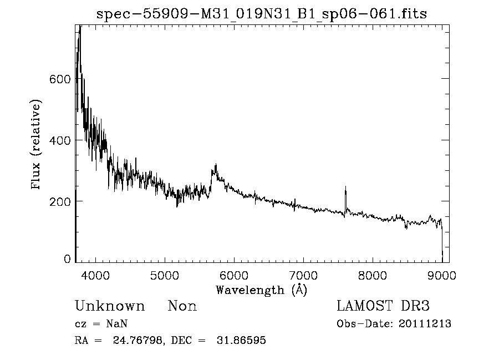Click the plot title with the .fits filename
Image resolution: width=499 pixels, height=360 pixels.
[x=262, y=14]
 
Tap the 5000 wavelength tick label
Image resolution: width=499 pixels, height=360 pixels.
[x=165, y=275]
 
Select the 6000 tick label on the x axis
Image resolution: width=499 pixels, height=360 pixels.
[x=234, y=275]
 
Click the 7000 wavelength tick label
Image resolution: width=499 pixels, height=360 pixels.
[x=303, y=275]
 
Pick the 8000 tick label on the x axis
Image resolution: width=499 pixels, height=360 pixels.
[x=373, y=275]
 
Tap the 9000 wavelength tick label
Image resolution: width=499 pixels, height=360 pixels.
[x=441, y=275]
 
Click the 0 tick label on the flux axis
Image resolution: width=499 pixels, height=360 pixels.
[x=67, y=259]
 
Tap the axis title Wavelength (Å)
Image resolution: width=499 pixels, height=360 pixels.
[x=261, y=290]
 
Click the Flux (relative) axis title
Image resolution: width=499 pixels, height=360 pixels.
[x=37, y=145]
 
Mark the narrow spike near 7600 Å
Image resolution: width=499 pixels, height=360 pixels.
[x=345, y=189]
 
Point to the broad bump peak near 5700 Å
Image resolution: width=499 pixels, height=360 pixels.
[x=215, y=166]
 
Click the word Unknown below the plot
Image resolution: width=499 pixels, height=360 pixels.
[x=110, y=306]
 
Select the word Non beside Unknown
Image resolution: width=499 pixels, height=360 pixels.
[x=182, y=306]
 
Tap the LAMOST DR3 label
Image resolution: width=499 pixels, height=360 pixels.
[x=383, y=306]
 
